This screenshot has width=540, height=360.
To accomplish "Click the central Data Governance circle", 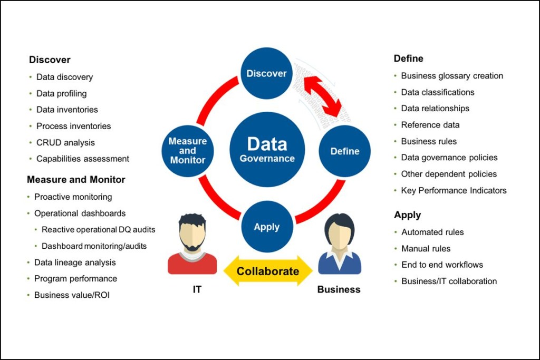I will point(267,149).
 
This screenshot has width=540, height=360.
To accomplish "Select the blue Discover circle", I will point(266,73).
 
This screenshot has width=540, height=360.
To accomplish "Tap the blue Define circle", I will point(344,151).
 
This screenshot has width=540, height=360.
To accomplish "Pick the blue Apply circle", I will point(266,227).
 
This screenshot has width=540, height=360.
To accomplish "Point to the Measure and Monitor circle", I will point(188,150).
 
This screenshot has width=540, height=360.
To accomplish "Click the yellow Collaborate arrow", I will point(268,271).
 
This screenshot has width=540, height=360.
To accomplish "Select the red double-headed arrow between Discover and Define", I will point(321,95).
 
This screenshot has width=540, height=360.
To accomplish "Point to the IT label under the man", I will point(196,289).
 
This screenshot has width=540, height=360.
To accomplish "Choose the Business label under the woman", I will point(339,289).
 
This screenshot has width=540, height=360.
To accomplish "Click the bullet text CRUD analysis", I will point(65,142).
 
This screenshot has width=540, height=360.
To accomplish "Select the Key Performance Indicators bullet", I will point(454,190).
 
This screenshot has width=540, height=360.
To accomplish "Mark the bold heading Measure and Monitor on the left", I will point(76,180).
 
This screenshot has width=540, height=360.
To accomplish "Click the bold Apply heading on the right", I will point(407,215).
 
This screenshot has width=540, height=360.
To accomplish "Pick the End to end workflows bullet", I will point(442,265).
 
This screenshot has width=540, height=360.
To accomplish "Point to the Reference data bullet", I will point(430,125).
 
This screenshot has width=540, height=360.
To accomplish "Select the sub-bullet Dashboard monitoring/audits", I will point(94,246).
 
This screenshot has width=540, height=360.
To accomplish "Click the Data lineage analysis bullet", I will point(75,262).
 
